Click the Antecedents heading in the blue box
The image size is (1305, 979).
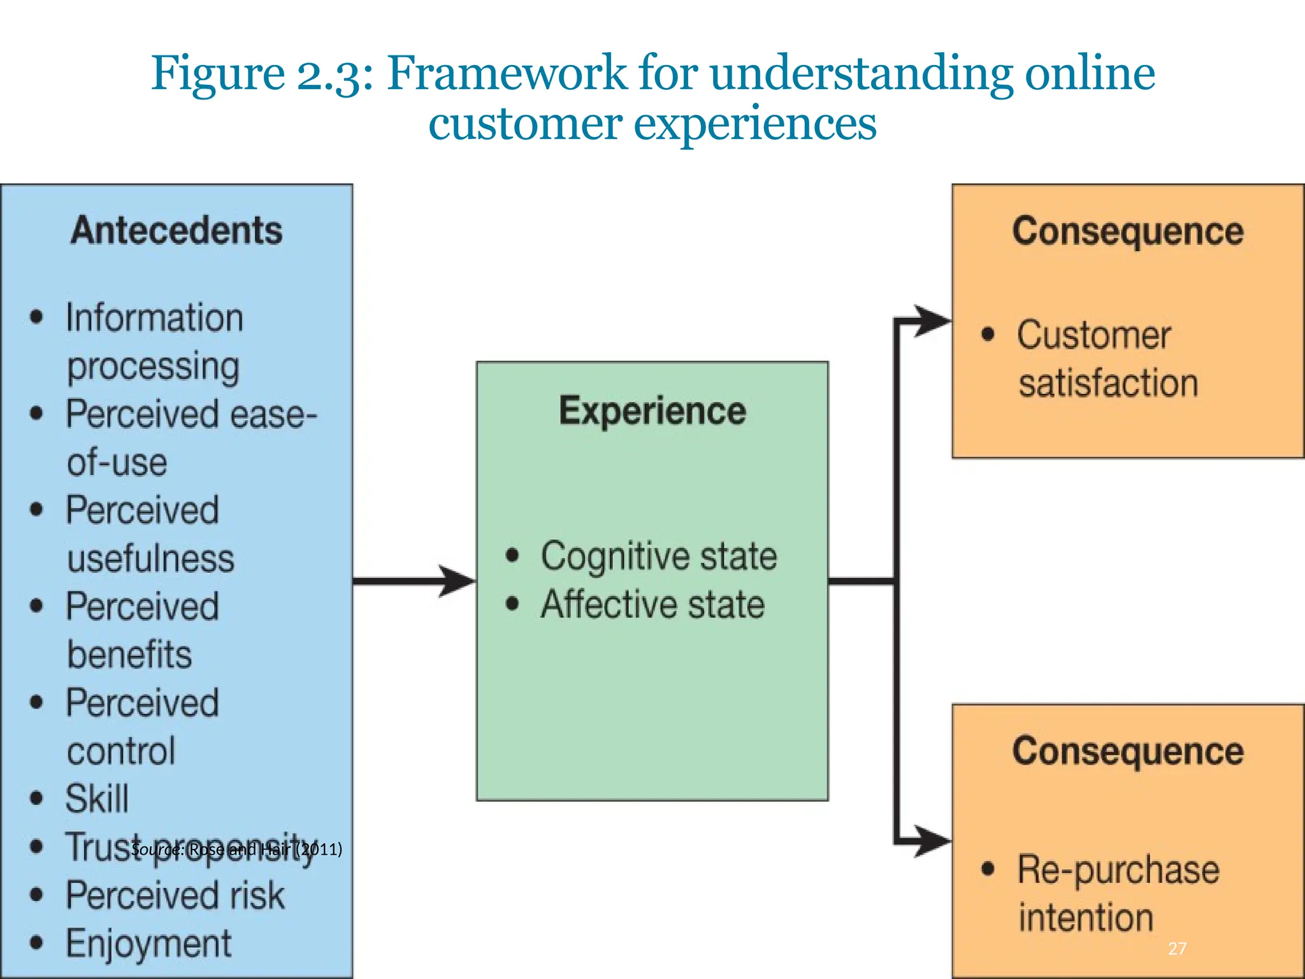point(177,231)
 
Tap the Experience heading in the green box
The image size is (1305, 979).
point(652,410)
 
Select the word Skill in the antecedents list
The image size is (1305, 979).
point(97,799)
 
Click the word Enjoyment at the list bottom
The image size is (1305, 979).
point(148,944)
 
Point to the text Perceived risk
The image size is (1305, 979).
point(175,896)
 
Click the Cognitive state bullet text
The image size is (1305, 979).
point(659,556)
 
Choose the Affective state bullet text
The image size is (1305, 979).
point(652,605)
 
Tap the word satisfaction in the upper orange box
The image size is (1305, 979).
point(1108,384)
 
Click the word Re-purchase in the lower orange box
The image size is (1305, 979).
point(1118,870)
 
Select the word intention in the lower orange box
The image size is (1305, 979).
point(1086,918)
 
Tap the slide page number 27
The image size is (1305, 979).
point(1177,949)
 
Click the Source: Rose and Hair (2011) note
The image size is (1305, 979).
point(236,849)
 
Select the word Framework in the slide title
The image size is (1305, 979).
point(507,73)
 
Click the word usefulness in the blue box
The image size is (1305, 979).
point(150,559)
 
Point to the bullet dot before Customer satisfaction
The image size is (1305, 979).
point(988,335)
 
